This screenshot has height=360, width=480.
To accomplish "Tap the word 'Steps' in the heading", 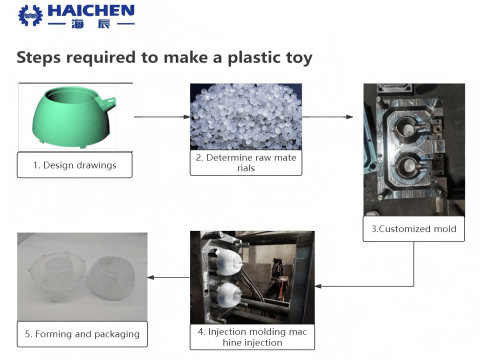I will pos(39,58).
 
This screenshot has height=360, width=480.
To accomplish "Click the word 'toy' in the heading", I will pos(296,58).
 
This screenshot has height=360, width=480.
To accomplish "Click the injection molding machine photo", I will pos(252,276).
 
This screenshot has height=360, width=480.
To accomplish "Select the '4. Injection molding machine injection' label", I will pos(252,337).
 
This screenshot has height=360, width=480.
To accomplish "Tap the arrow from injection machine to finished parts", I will pos(170,277).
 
